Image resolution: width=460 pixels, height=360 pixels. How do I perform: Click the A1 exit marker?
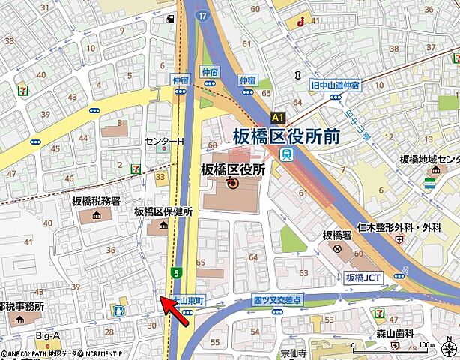tap(278, 118)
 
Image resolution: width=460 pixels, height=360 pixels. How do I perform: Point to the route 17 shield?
tap(203, 14)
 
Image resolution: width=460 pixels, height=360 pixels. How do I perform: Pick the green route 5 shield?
tap(175, 272)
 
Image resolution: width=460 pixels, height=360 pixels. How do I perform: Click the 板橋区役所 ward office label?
tap(233, 169)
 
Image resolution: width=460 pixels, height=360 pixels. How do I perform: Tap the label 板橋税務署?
tap(96, 201)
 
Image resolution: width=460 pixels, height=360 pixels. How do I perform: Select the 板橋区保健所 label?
tap(163, 211)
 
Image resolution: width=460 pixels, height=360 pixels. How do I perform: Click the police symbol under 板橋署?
tap(338, 248)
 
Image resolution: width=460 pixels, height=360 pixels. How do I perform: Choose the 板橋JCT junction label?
tap(364, 277)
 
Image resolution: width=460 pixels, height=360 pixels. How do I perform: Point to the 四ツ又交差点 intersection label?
tap(277, 299)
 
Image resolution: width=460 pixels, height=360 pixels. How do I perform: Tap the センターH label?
tap(163, 142)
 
